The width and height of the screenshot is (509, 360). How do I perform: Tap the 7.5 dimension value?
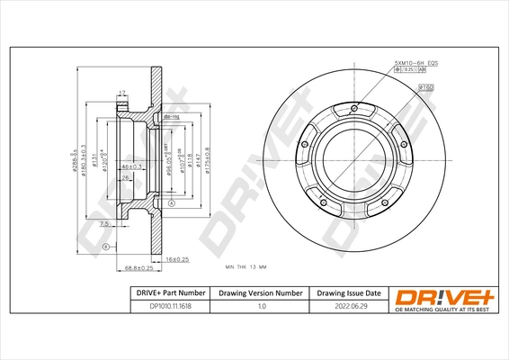pyautogui.click(x=104, y=224)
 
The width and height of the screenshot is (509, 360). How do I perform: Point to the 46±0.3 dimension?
pyautogui.click(x=133, y=167)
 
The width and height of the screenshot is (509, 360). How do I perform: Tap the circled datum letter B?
pyautogui.click(x=105, y=247)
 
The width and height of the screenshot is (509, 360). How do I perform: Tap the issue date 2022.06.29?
pyautogui.click(x=348, y=306)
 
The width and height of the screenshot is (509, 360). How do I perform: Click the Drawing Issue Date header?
pyautogui.click(x=348, y=292)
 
